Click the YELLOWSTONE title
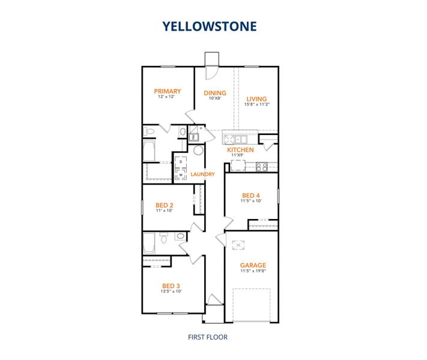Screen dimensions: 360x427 click(210, 26)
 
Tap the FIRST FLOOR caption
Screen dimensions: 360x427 click(207, 337)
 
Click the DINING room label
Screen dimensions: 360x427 click(215, 93)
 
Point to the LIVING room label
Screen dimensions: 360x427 click(256, 99)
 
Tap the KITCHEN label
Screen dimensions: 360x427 click(240, 150)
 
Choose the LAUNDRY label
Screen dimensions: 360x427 click(202, 175)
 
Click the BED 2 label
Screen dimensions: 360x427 click(164, 205)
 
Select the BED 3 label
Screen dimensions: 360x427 click(171, 286)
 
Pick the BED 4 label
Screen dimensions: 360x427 click(252, 196)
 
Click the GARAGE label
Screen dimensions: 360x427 click(253, 265)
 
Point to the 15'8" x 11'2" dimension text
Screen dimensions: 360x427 click(256, 105)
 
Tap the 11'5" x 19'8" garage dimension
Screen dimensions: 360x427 click(253, 271)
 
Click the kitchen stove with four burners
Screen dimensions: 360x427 click(261, 167)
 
